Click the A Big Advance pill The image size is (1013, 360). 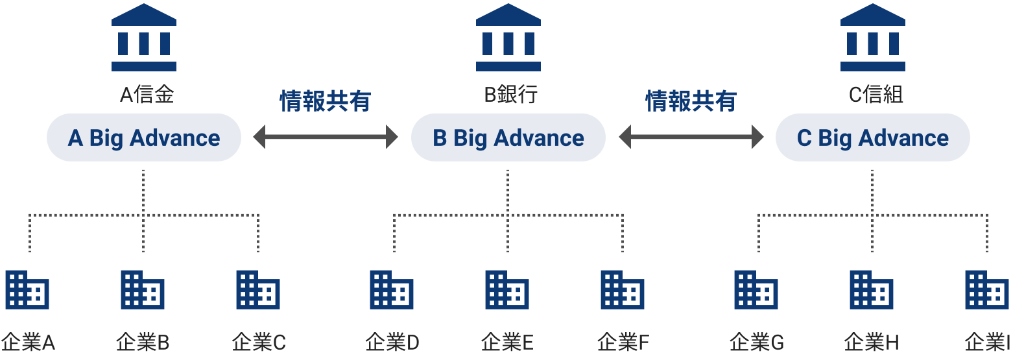point(144,138)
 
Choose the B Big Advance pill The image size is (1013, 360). point(508,138)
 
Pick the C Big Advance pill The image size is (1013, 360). point(873,138)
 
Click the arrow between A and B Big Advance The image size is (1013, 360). point(326,137)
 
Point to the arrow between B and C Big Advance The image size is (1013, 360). point(691,137)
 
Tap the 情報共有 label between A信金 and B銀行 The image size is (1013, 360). point(326,101)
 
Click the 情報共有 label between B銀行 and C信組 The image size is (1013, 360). point(691,101)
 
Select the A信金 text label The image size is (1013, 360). point(147,95)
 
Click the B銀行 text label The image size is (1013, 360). point(511,95)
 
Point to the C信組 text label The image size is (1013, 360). point(876,95)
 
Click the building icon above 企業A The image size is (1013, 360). point(27,290)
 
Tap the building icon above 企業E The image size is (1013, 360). point(507,290)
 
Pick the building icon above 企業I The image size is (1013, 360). point(987,290)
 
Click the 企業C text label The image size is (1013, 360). point(259,342)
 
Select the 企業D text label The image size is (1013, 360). point(392,342)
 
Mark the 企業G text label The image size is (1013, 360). point(757,342)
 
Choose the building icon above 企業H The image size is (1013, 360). point(872,290)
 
